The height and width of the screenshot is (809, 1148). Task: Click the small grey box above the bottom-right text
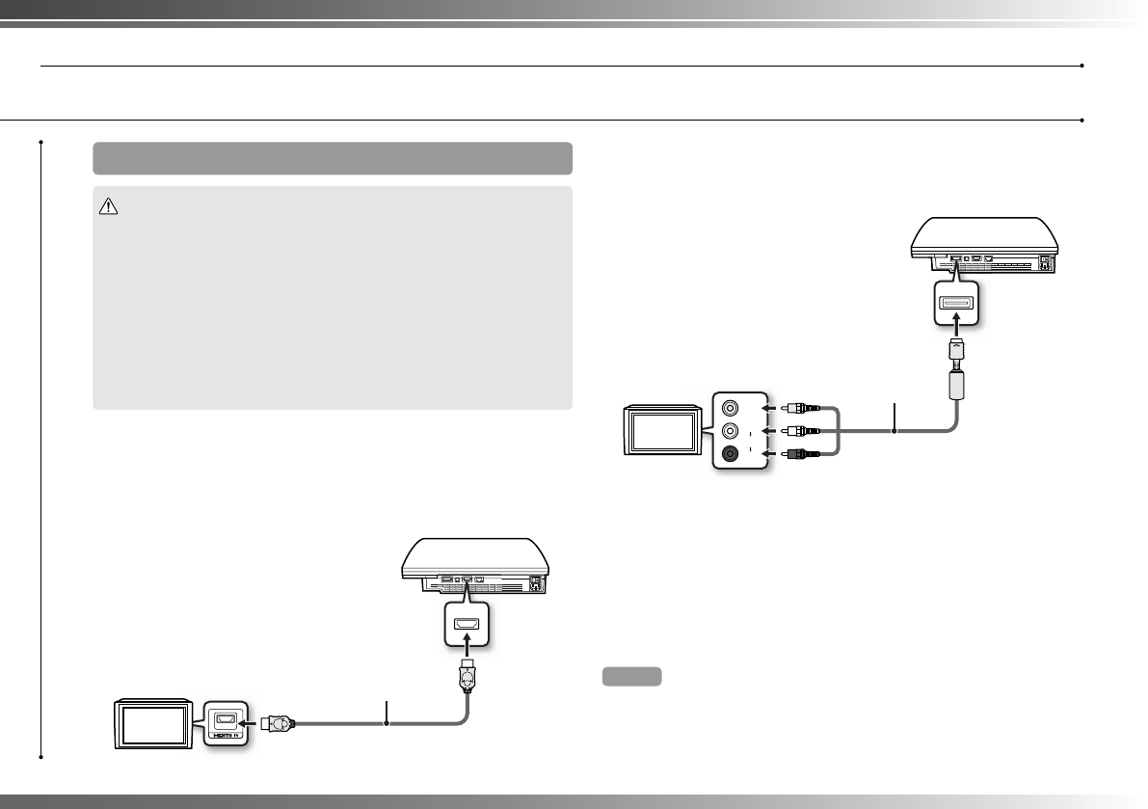pyautogui.click(x=631, y=676)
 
